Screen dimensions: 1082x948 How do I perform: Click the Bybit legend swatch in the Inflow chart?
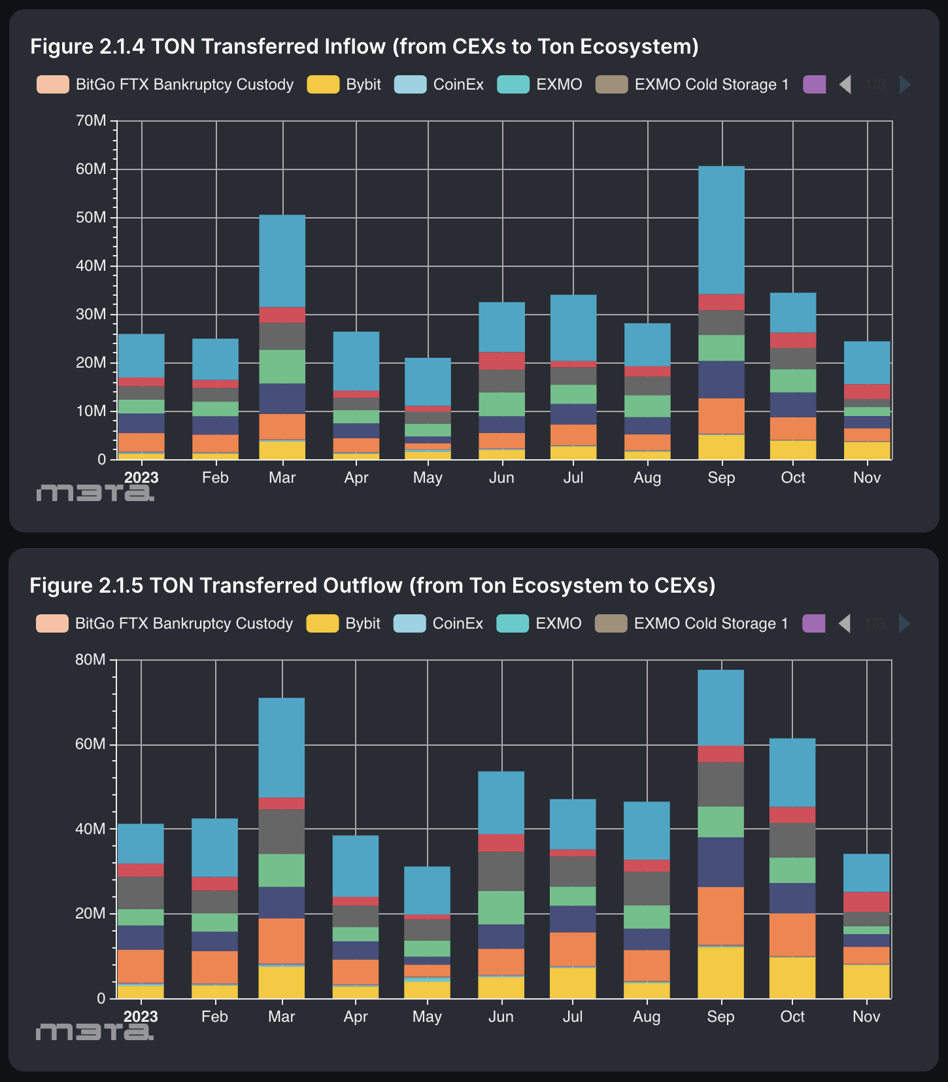[x=323, y=84]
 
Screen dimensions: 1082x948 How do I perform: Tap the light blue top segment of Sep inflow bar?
[x=721, y=230]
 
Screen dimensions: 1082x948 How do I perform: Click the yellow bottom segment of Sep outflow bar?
[x=720, y=972]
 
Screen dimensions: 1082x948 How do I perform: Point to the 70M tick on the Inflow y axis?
[x=91, y=121]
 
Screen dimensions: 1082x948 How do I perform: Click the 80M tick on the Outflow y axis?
[x=90, y=659]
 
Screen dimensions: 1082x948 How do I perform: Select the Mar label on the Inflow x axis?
[x=282, y=478]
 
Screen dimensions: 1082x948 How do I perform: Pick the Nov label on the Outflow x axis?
[x=866, y=1017]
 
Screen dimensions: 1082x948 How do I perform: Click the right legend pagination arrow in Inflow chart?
[x=906, y=84]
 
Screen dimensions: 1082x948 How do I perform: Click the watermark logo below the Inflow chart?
[x=95, y=493]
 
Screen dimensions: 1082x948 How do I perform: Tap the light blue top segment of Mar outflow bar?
[x=282, y=748]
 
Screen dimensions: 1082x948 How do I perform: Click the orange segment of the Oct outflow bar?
[x=792, y=934]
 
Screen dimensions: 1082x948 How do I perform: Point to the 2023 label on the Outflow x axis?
[x=141, y=1017]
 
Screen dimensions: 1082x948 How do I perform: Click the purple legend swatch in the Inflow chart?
[x=814, y=84]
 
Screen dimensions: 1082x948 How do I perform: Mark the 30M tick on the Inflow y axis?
[x=91, y=315]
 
